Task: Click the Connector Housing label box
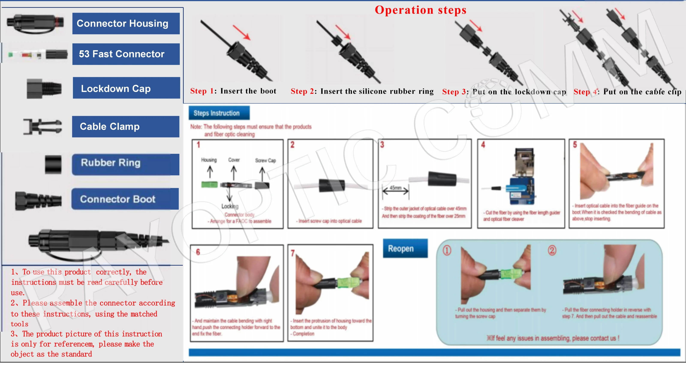(126, 23)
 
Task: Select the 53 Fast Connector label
(126, 54)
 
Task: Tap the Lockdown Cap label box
(126, 88)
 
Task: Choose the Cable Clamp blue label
(125, 127)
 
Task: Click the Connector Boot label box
(125, 199)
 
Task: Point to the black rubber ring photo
(53, 165)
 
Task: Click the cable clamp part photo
(43, 127)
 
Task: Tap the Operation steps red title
(420, 10)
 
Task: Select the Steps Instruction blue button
(219, 113)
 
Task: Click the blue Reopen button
(405, 249)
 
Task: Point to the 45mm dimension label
(395, 188)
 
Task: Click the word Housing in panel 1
(209, 160)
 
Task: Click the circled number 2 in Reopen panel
(552, 250)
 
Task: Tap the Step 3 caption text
(504, 92)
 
